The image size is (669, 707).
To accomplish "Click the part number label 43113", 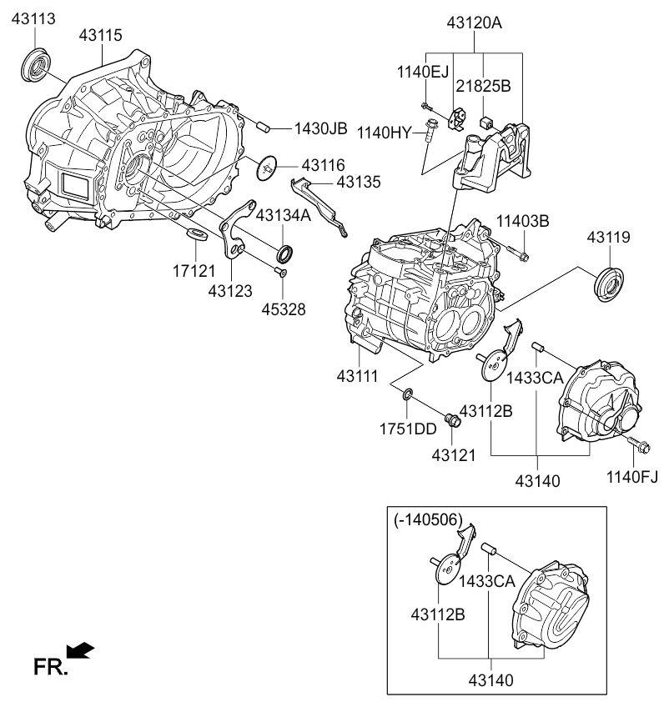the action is point(33,19).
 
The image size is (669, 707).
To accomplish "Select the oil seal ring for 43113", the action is point(35,64).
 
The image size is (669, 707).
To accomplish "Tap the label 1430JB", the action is point(321,128).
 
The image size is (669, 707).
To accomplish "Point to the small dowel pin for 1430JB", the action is point(263,126).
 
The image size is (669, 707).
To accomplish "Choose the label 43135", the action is point(359,182).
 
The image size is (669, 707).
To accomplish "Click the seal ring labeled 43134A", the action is point(284,253).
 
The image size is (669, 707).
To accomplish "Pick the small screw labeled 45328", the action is point(280,271).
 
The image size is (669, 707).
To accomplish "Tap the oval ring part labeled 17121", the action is point(197,234).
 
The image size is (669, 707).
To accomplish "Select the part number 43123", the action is point(230,291).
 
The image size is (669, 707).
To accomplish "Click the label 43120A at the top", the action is point(474,23).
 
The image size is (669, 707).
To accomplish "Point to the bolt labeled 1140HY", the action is point(428,128).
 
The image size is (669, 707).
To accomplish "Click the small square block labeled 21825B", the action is point(487,122).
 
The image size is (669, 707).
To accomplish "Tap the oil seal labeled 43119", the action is point(609,284).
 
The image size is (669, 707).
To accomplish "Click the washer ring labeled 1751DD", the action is point(407,394).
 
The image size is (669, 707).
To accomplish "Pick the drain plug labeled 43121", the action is point(452,420).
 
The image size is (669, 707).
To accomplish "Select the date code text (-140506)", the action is point(428,520).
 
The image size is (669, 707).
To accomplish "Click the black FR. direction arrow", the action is point(80,650).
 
